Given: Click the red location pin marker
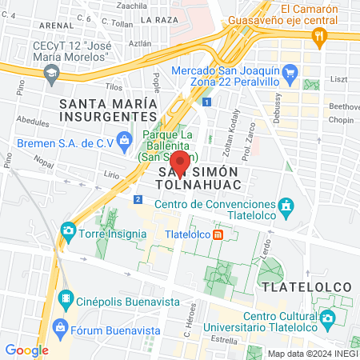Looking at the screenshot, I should (181, 163).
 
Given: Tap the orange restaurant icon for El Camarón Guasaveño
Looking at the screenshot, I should (320, 35).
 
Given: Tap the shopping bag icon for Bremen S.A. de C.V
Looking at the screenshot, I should (124, 144).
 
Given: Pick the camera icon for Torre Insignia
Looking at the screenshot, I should (69, 232).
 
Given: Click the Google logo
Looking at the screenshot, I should (26, 350).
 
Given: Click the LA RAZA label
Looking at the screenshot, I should (158, 17).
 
